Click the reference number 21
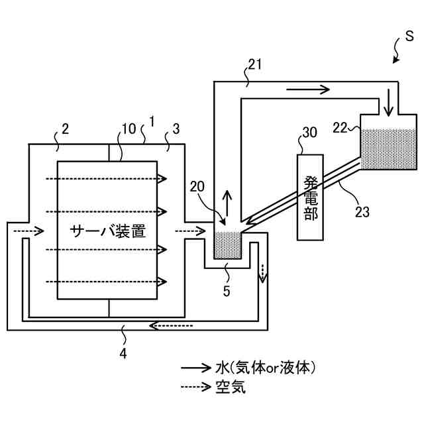(x=255, y=64)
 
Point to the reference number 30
(x=309, y=132)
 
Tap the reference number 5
(x=226, y=290)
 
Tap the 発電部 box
(x=311, y=197)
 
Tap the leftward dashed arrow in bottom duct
(x=170, y=325)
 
